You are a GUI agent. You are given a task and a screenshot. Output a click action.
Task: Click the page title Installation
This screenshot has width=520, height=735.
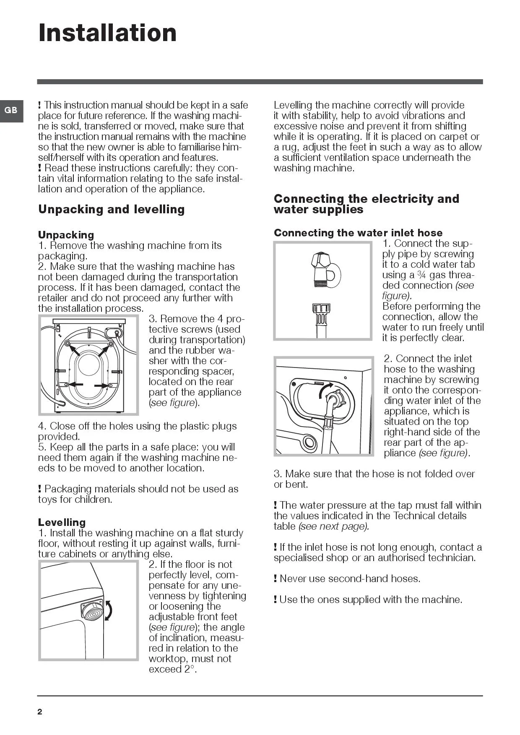coord(107,33)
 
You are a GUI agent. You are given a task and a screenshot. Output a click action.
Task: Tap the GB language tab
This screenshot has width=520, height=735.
coord(11,110)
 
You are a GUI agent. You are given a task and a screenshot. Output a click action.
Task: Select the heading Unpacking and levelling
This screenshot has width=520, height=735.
coord(111,209)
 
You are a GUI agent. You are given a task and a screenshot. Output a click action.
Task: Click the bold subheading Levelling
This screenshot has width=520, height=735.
coord(62,522)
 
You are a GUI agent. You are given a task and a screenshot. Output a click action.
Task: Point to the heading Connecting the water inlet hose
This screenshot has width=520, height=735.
coord(358,233)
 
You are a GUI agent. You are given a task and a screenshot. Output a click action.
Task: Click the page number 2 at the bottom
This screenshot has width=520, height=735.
coord(40,712)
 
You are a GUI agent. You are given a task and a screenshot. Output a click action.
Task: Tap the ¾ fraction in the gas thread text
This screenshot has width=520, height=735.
coord(421,275)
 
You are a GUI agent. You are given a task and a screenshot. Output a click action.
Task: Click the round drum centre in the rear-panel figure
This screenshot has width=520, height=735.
coord(89,365)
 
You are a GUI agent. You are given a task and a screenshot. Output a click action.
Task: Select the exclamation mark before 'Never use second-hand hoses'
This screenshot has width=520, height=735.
coord(276,579)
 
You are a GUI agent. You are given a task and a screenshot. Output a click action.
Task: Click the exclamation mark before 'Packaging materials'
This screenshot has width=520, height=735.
coord(40,489)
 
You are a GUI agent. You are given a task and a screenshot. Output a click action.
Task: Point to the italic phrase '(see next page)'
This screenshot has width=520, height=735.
coord(334,526)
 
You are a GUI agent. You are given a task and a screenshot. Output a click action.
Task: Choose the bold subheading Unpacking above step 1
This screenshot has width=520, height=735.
coord(66,235)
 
